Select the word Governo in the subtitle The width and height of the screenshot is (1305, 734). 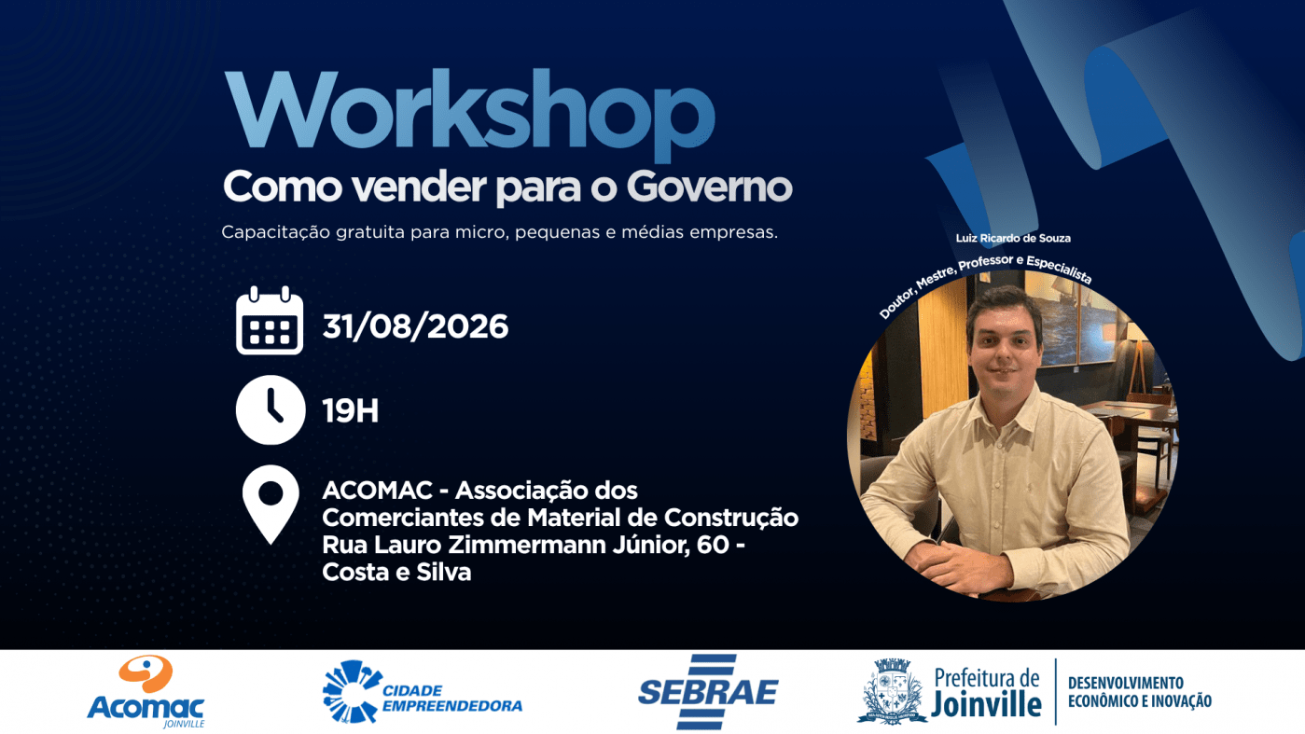(x=709, y=187)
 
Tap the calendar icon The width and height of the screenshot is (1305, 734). (x=270, y=321)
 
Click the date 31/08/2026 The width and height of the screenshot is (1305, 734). (x=415, y=326)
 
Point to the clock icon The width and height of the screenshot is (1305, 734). (x=271, y=410)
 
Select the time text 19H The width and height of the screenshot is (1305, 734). (x=351, y=410)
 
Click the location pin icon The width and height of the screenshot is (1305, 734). (x=271, y=505)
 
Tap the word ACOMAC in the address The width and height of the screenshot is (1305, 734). (x=377, y=491)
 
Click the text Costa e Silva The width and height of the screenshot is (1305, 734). (x=396, y=572)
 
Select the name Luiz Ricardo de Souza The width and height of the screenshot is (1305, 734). (x=1013, y=238)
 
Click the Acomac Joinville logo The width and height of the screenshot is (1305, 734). (x=146, y=691)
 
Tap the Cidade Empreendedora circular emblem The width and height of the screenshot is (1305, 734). (x=350, y=691)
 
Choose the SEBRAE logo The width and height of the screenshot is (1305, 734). (x=708, y=691)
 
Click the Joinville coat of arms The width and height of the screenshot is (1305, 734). (x=892, y=691)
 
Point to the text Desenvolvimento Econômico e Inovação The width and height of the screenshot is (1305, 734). (x=1140, y=691)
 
